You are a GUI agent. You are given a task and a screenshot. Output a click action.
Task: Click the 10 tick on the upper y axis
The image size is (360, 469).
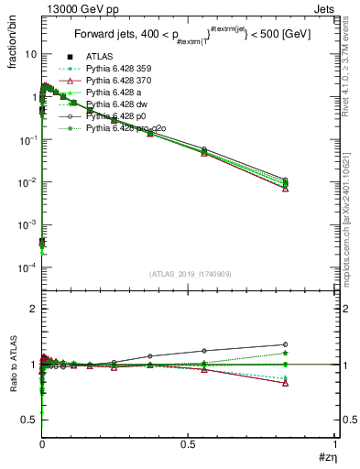click(x=30, y=54)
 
